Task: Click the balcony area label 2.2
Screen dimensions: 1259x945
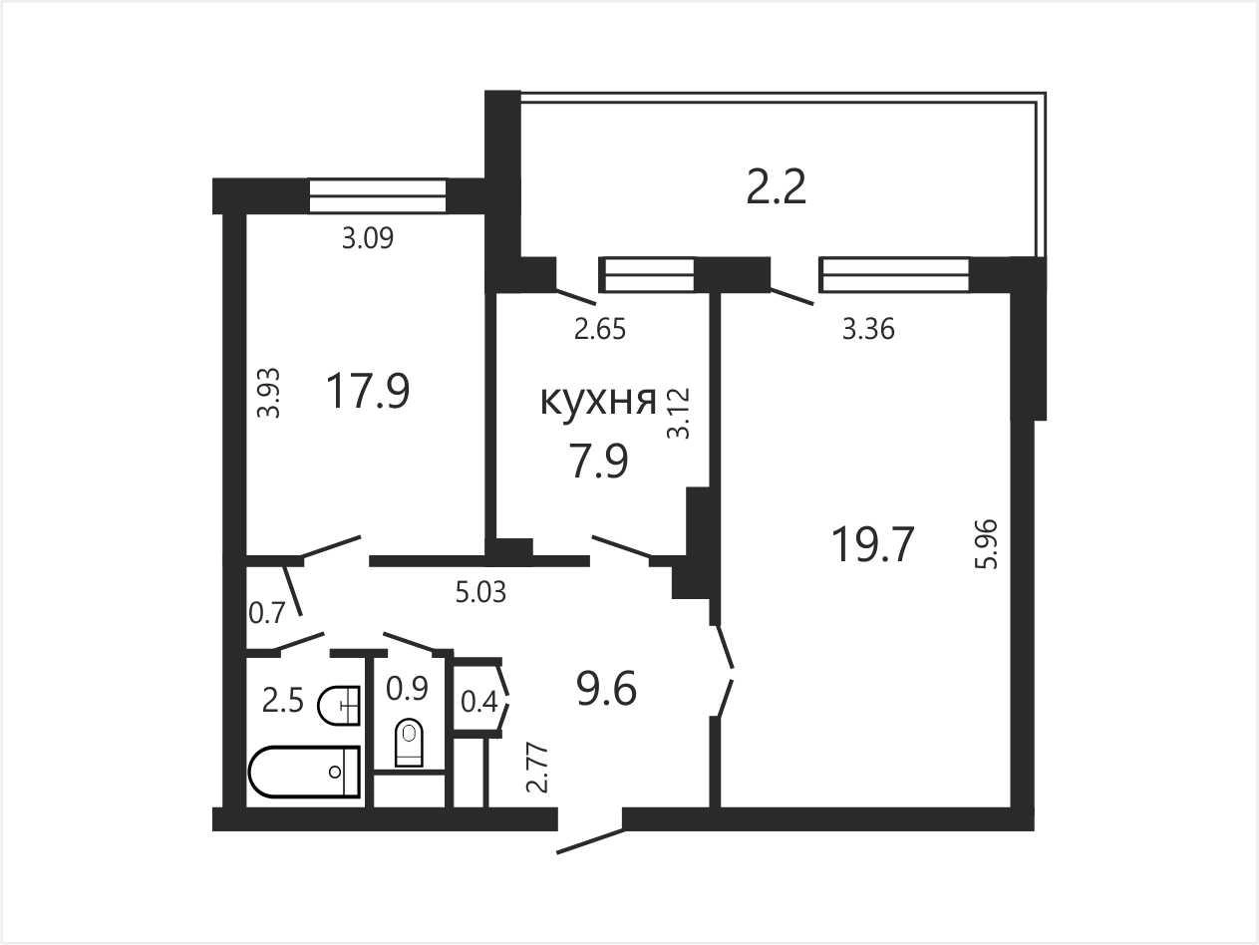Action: coord(777,187)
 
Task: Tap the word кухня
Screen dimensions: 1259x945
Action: coord(599,401)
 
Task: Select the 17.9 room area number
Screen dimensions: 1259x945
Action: coord(367,391)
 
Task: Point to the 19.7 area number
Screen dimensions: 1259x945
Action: coord(872,544)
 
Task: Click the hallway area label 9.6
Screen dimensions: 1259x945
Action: coord(607,689)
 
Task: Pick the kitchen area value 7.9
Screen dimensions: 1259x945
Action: coord(599,461)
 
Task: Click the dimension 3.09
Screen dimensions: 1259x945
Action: coord(368,238)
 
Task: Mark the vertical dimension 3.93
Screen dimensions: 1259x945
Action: coord(268,393)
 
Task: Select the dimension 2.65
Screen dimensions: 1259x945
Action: coord(600,330)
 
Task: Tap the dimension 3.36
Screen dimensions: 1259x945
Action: coord(868,330)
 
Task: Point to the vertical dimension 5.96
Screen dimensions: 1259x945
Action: coord(987,543)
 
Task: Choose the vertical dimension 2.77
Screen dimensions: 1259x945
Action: coord(537,769)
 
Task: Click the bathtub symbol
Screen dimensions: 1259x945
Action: coord(305,772)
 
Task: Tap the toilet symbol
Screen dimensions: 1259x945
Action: coord(409,743)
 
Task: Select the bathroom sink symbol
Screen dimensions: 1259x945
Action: coord(339,706)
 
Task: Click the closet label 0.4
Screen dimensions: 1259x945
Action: coord(479,702)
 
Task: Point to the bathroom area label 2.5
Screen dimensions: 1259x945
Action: coord(283,701)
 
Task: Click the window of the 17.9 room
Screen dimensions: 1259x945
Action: coord(378,196)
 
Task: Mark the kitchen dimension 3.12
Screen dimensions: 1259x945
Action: coord(678,414)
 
